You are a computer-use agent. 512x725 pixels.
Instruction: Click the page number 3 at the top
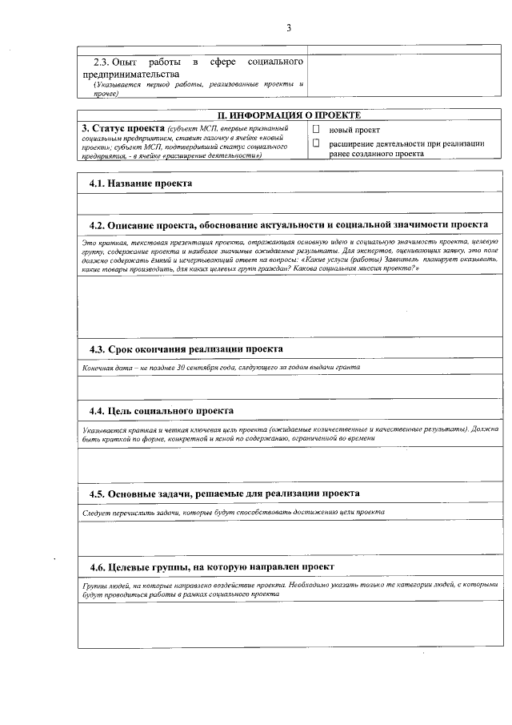click(x=288, y=29)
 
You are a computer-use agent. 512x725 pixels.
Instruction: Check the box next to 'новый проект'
click(x=316, y=129)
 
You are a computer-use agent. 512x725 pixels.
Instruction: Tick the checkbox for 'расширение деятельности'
click(x=316, y=143)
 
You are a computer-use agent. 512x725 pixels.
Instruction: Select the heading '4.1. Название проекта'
click(x=140, y=183)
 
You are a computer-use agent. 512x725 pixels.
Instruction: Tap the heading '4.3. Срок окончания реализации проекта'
click(x=186, y=349)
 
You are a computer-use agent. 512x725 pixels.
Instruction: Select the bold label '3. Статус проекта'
click(x=122, y=128)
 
